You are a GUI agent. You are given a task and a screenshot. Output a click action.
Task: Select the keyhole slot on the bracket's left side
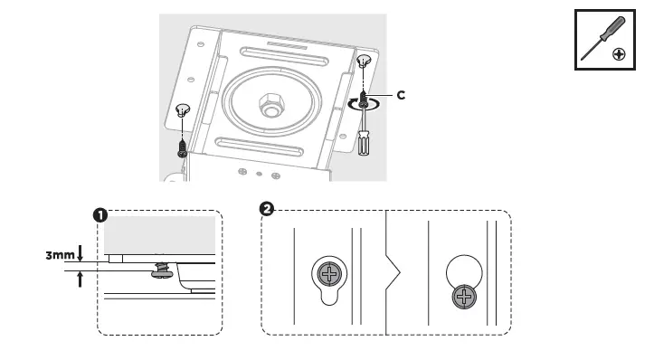coord(183,110)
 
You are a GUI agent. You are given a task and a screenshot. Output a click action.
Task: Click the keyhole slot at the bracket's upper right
coord(364,62)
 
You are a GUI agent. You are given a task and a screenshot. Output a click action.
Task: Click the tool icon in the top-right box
coord(605,41)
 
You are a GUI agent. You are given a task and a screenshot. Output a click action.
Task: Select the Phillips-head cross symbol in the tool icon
coord(619,54)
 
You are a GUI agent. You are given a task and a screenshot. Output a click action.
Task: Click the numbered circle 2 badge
coord(266,209)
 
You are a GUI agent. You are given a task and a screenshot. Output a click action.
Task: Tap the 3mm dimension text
coord(61,256)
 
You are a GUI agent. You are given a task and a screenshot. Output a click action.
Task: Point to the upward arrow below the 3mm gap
coord(81,279)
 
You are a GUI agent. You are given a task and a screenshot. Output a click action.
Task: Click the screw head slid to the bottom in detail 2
coord(464,297)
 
